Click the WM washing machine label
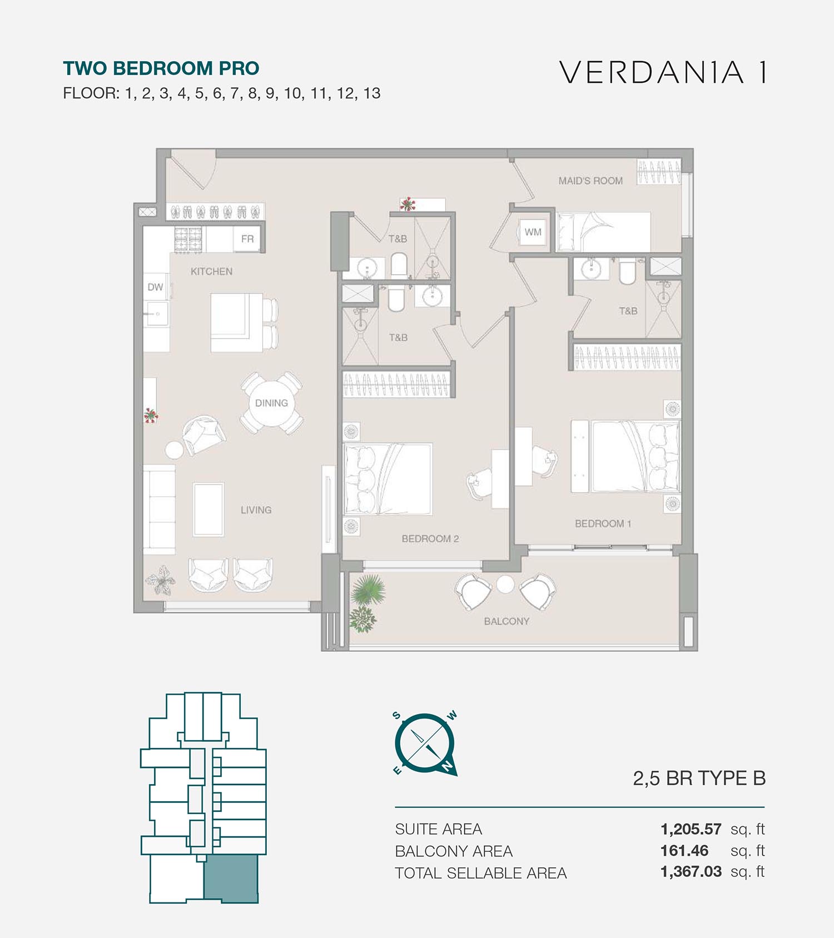point(533,232)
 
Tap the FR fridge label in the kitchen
point(247,239)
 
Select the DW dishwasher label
point(155,287)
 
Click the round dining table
point(271,403)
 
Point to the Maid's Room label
point(590,181)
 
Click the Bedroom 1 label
point(603,523)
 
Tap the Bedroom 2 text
point(430,538)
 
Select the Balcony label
point(507,621)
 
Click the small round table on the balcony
point(505,585)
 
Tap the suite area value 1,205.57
point(691,829)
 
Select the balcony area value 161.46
point(684,851)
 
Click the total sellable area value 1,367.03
point(691,871)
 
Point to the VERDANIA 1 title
point(664,72)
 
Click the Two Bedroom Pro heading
point(161,68)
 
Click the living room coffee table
point(209,510)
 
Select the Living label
point(256,510)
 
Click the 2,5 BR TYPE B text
point(699,779)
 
